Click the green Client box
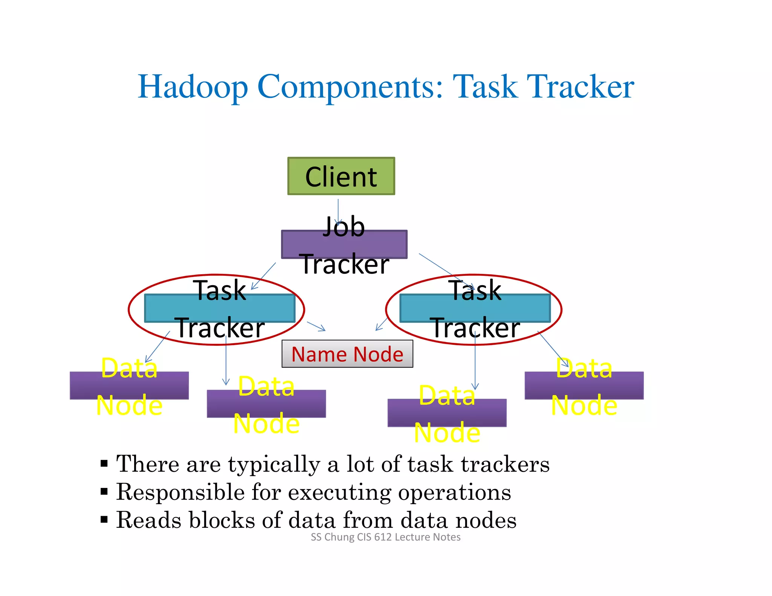pos(341,176)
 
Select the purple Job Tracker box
pos(344,244)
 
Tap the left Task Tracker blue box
pos(220,308)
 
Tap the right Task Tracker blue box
pos(475,308)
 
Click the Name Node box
pos(347,354)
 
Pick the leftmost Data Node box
pos(129,385)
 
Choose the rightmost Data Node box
pos(584,385)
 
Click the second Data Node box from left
pos(266,403)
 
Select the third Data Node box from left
pos(447,413)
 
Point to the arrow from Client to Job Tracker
pos(338,211)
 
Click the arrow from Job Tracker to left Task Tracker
pos(263,276)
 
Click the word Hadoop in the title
pos(193,87)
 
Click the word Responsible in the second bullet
pos(180,492)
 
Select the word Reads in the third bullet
pos(149,520)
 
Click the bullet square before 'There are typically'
pos(104,463)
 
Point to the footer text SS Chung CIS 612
pos(385,537)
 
